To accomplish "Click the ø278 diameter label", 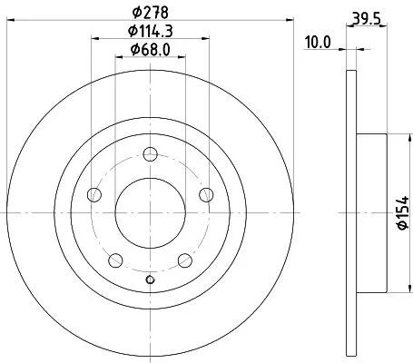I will coord(150,12).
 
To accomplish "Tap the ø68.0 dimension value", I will coord(150,49).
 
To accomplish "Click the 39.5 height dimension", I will coord(365,15).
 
